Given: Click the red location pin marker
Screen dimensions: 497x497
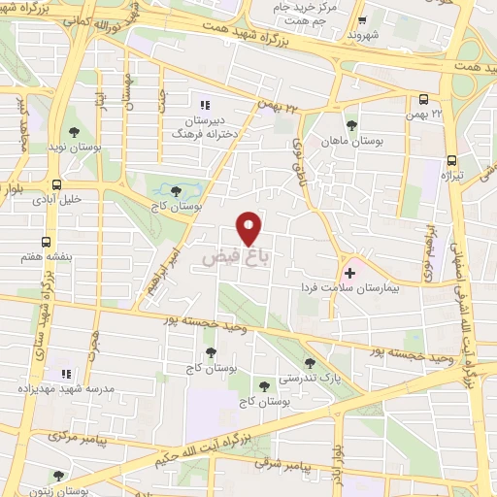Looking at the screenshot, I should click(x=249, y=228).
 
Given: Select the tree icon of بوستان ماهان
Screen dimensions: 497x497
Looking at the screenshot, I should click(x=351, y=125).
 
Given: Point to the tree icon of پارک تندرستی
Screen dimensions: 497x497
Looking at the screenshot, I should click(x=337, y=363).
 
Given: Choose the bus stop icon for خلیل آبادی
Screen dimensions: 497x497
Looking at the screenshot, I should click(x=57, y=184).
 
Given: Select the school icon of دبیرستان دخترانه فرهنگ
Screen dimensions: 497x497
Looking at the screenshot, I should click(x=204, y=105).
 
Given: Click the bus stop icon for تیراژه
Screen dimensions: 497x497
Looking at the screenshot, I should click(x=452, y=161).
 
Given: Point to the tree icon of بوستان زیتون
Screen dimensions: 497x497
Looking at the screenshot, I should click(x=59, y=475).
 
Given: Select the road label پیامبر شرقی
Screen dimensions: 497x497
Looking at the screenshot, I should click(x=286, y=466).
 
